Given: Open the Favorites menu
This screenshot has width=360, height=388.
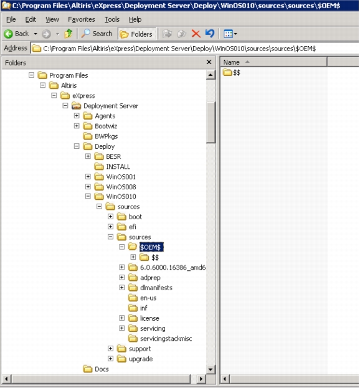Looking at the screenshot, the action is [82, 19].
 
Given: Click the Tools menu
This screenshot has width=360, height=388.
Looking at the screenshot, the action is [112, 19].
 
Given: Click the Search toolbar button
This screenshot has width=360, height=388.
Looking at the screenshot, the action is [97, 34].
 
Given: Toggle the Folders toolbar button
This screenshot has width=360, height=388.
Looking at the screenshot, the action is [136, 34].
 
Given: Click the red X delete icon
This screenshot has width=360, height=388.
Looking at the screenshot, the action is [196, 34].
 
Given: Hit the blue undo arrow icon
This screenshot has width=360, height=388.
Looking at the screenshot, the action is [210, 34].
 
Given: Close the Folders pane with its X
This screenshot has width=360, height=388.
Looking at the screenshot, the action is [209, 62].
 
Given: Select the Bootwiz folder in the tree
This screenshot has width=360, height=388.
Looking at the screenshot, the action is [106, 126].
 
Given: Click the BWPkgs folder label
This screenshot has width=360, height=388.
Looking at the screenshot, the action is [106, 136].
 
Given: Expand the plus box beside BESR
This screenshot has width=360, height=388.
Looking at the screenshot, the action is [88, 156].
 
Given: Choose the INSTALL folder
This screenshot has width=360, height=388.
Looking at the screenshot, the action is [118, 167].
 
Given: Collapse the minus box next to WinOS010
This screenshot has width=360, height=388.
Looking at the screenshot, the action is [88, 196].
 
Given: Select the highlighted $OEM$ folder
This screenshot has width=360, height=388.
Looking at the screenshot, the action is [151, 247].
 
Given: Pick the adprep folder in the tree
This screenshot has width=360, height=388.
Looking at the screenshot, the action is [150, 278].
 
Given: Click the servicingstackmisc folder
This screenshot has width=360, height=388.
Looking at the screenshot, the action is [166, 339].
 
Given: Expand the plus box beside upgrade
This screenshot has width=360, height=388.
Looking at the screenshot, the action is [110, 359].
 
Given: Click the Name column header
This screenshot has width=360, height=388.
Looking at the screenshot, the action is [231, 62].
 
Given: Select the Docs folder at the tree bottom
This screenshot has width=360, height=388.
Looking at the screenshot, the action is [102, 369].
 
